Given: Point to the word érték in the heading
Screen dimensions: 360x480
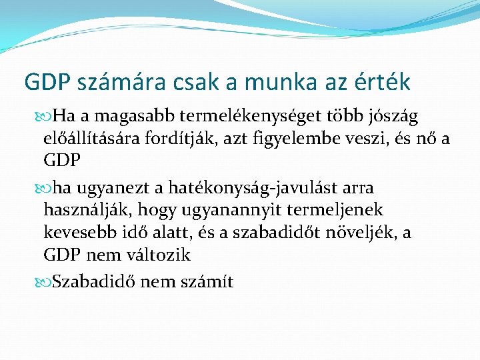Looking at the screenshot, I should [x=382, y=82].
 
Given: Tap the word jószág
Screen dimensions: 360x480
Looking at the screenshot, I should [x=391, y=117].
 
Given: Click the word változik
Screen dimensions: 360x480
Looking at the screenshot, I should [x=160, y=255].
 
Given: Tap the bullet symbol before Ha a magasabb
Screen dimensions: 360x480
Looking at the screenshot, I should [x=46, y=117].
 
